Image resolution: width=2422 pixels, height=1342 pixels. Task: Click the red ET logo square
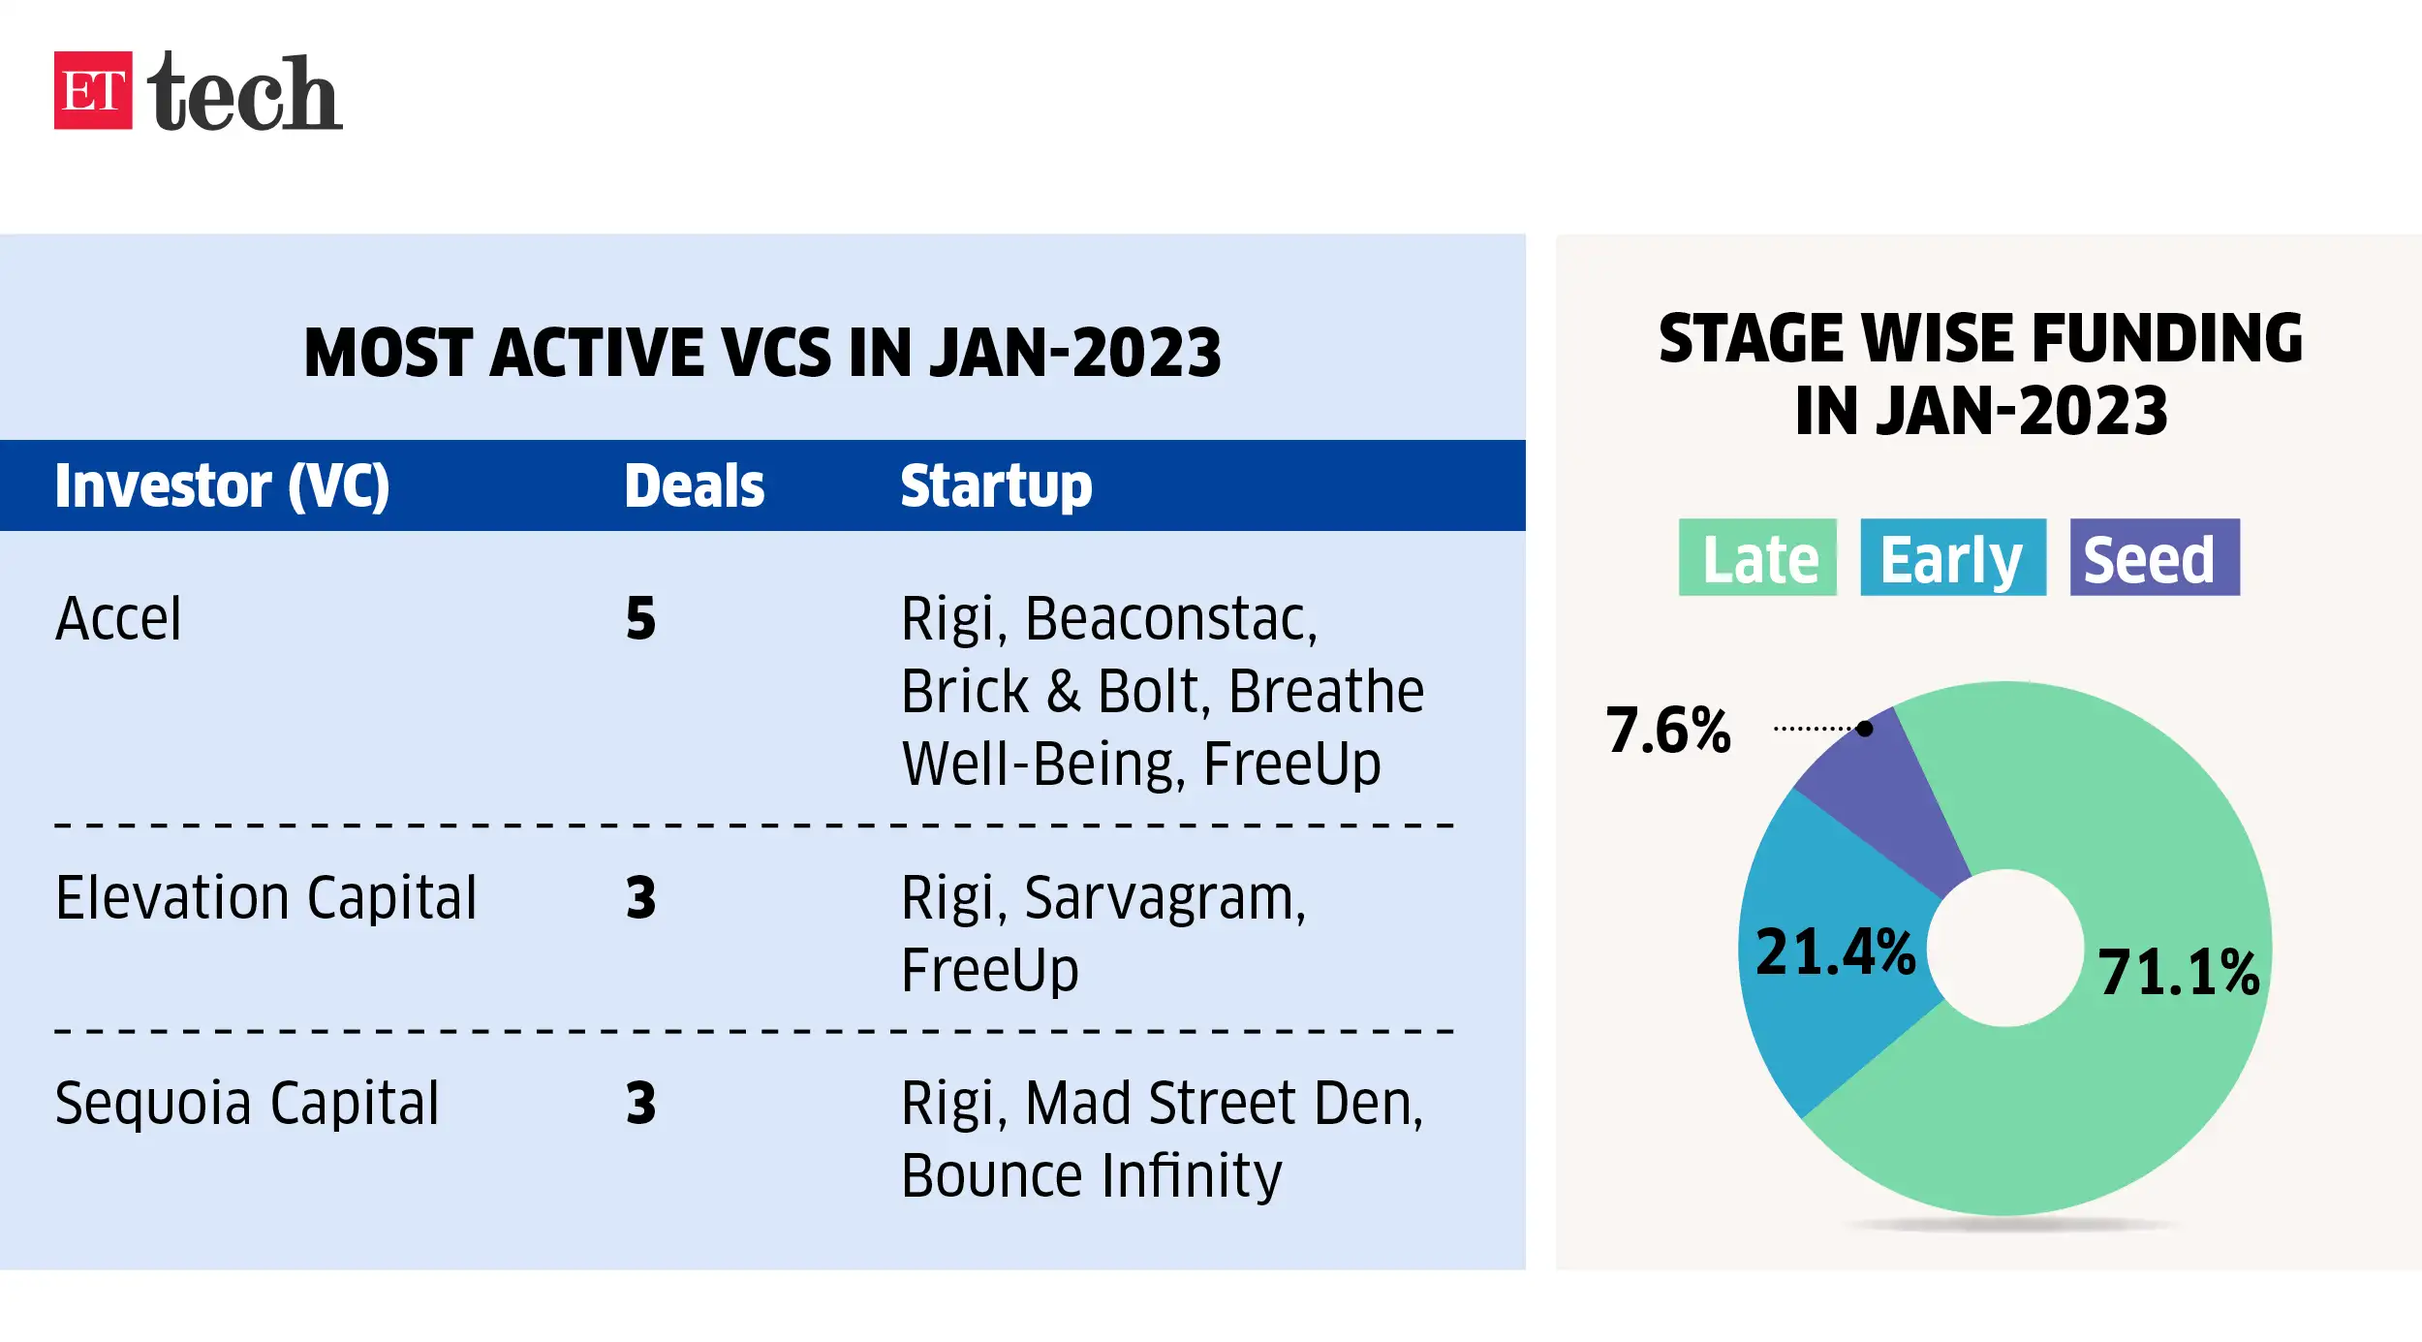point(93,90)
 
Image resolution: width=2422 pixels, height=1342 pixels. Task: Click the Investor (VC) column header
point(222,485)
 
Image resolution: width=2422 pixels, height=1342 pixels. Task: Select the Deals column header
point(694,485)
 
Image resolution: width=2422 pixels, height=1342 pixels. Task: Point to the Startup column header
point(996,486)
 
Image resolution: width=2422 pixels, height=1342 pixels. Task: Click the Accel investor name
point(118,618)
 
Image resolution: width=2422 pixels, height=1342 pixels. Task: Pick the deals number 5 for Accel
point(640,618)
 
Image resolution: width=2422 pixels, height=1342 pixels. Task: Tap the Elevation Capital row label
point(266,898)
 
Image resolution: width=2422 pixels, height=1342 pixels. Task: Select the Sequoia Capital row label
point(247,1103)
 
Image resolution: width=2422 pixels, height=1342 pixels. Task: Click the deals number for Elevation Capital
point(640,897)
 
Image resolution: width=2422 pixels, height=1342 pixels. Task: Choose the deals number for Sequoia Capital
point(640,1103)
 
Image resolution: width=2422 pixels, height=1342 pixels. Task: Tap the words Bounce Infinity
point(1092,1176)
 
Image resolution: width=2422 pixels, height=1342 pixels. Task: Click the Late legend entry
point(1757,557)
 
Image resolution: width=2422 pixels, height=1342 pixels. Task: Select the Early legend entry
point(1953,557)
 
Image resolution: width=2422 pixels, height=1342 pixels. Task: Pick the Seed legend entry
point(2155,557)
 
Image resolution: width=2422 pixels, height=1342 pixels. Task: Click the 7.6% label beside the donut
point(1668,730)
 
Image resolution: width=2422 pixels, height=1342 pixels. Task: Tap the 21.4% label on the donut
point(1836,952)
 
